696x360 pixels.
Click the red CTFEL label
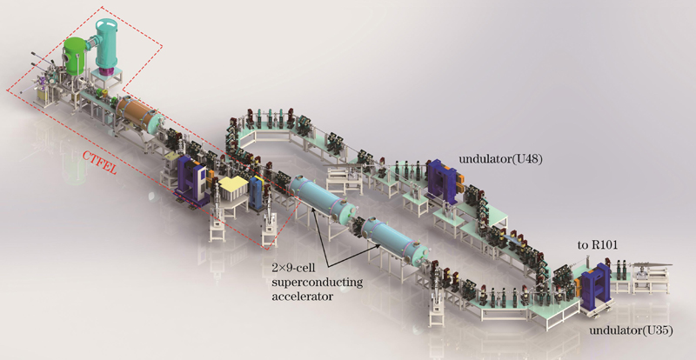99,162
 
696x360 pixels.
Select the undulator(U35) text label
631,330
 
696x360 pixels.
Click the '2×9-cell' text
293,269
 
